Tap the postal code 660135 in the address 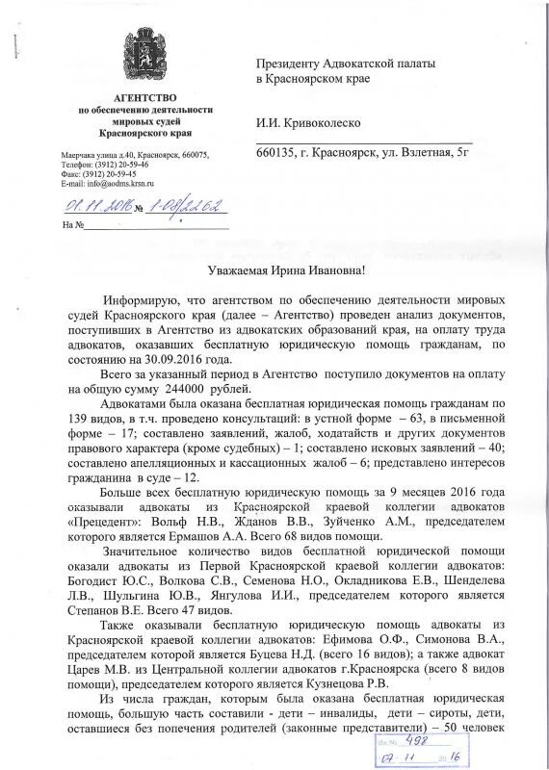(274, 154)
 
